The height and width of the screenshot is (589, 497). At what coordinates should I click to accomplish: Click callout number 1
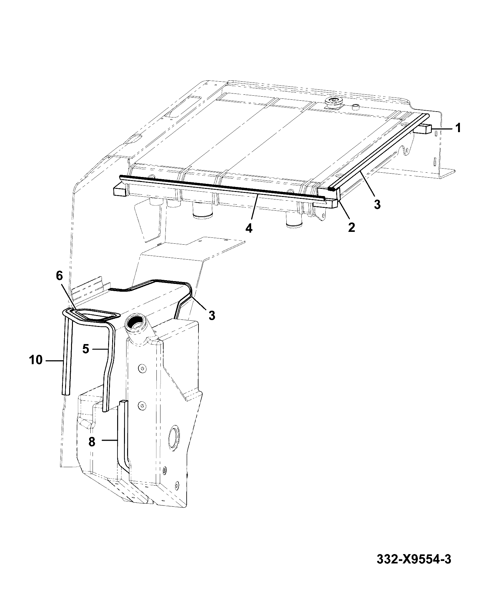[x=458, y=128]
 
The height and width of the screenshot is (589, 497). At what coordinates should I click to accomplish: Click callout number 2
[x=351, y=227]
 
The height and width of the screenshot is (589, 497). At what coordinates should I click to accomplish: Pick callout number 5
[x=86, y=349]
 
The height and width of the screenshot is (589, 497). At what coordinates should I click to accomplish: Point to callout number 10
[x=36, y=360]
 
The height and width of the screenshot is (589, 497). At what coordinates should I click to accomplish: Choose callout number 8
[x=92, y=442]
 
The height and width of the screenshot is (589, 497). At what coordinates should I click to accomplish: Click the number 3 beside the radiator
[x=377, y=204]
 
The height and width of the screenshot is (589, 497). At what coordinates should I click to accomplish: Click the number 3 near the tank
[x=212, y=316]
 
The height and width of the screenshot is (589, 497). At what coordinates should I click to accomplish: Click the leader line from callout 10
[x=55, y=361]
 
